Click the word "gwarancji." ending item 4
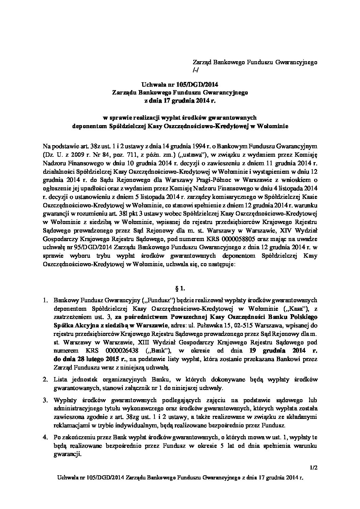pyautogui.click(x=67, y=454)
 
